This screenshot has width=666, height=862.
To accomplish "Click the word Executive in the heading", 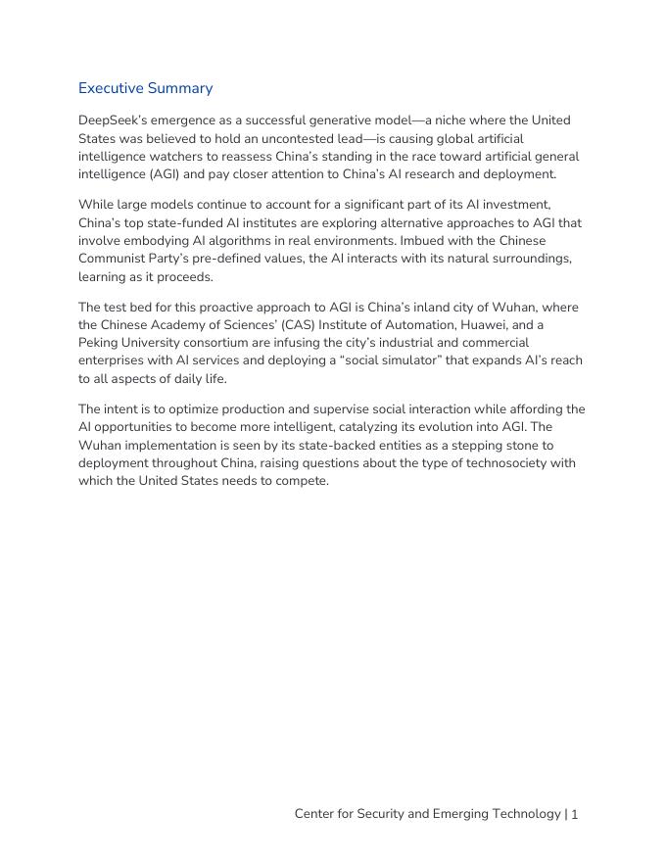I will pyautogui.click(x=112, y=88).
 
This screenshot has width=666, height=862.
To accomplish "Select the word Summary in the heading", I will pyautogui.click(x=181, y=88).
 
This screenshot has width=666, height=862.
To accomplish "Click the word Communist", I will pyautogui.click(x=116, y=259).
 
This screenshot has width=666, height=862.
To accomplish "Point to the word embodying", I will pyautogui.click(x=141, y=241).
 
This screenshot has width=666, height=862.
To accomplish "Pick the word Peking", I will pyautogui.click(x=101, y=343).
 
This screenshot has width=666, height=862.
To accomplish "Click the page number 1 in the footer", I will pyautogui.click(x=576, y=814).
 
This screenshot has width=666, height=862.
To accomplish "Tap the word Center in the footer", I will pyautogui.click(x=318, y=814).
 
